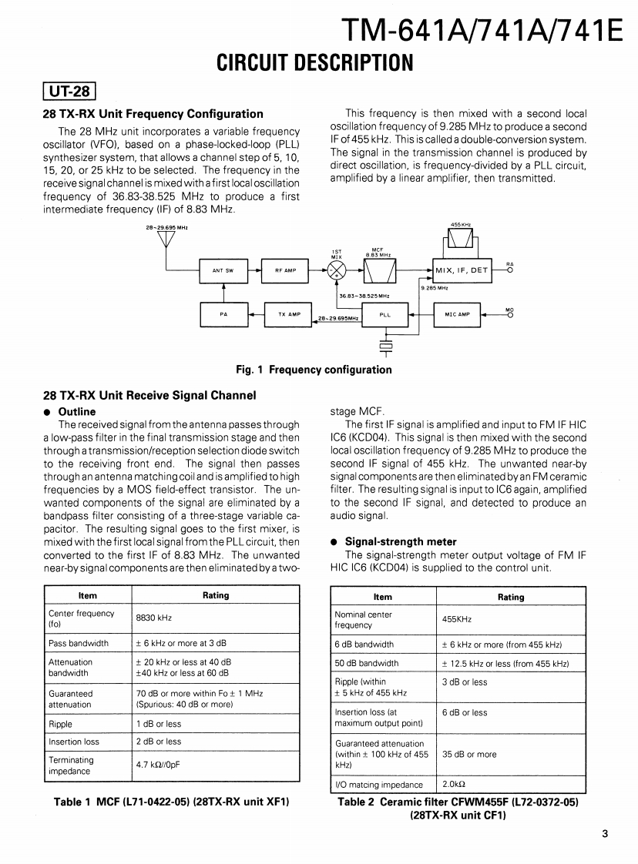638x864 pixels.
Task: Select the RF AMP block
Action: pyautogui.click(x=285, y=270)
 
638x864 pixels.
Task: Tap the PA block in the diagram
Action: pyautogui.click(x=223, y=313)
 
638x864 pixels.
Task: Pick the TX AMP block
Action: pyautogui.click(x=288, y=313)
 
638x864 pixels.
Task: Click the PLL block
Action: pyautogui.click(x=385, y=314)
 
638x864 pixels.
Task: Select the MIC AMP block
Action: pyautogui.click(x=458, y=313)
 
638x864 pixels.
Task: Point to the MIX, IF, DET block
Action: pyautogui.click(x=462, y=270)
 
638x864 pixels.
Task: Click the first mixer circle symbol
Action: pyautogui.click(x=337, y=270)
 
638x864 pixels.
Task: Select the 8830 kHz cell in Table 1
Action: pyautogui.click(x=155, y=618)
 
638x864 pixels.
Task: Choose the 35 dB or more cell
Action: pyautogui.click(x=469, y=754)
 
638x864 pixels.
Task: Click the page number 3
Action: pyautogui.click(x=606, y=831)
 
